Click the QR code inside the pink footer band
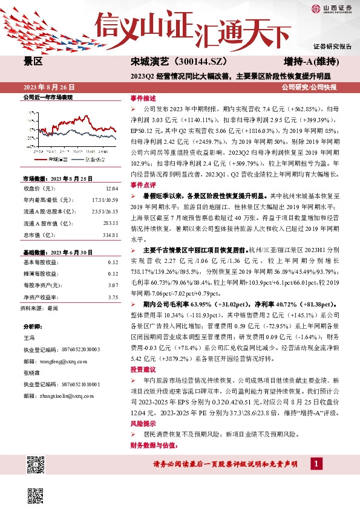36,465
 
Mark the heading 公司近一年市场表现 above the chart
47,97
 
